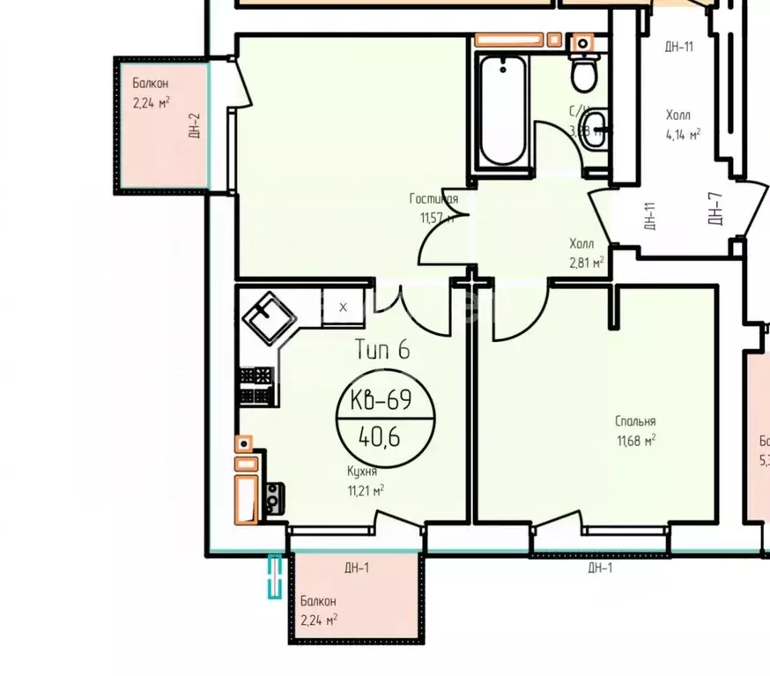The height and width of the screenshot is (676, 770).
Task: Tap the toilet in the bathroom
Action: click(583, 71)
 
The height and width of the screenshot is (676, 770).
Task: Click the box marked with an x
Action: click(343, 308)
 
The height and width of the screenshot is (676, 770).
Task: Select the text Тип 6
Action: click(382, 350)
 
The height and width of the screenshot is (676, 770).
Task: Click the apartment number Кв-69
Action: click(386, 402)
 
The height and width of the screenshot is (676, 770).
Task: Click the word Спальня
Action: click(635, 422)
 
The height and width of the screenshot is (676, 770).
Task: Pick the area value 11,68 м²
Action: click(635, 440)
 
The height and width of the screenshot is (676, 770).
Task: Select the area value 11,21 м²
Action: click(366, 490)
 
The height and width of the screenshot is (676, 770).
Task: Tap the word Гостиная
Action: click(433, 199)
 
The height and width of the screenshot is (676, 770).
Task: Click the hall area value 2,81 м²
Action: click(586, 262)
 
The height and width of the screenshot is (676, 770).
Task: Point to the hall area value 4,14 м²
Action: click(683, 135)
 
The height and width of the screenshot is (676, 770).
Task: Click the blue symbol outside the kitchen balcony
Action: click(275, 576)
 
